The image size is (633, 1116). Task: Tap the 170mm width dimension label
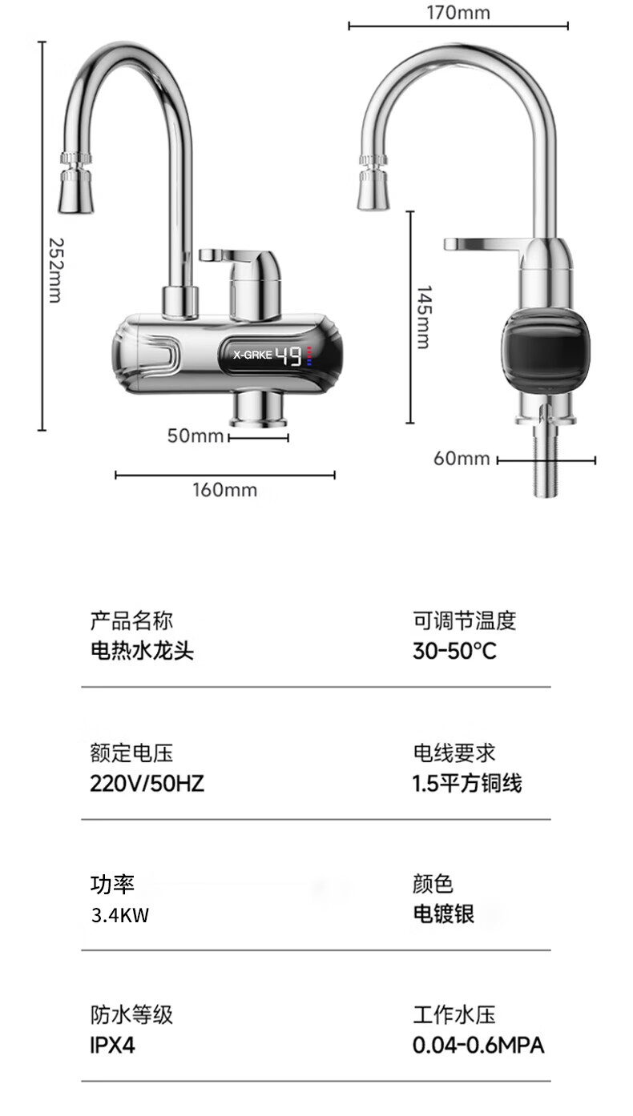458,12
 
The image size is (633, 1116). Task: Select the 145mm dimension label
424,317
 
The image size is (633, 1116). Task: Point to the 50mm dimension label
195,436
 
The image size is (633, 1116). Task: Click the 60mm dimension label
462,458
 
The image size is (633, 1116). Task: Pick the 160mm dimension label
224,489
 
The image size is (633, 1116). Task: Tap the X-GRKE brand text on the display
252,353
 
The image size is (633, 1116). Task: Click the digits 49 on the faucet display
289,354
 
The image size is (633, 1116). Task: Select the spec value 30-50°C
454,650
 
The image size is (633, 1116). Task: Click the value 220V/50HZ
147,783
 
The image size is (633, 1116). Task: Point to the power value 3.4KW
120,915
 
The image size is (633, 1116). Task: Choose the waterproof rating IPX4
112,1046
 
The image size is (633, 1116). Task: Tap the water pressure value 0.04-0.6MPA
478,1046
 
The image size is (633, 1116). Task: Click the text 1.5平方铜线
467,783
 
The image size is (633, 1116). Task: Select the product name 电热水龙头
142,650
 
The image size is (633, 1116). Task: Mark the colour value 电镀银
443,914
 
